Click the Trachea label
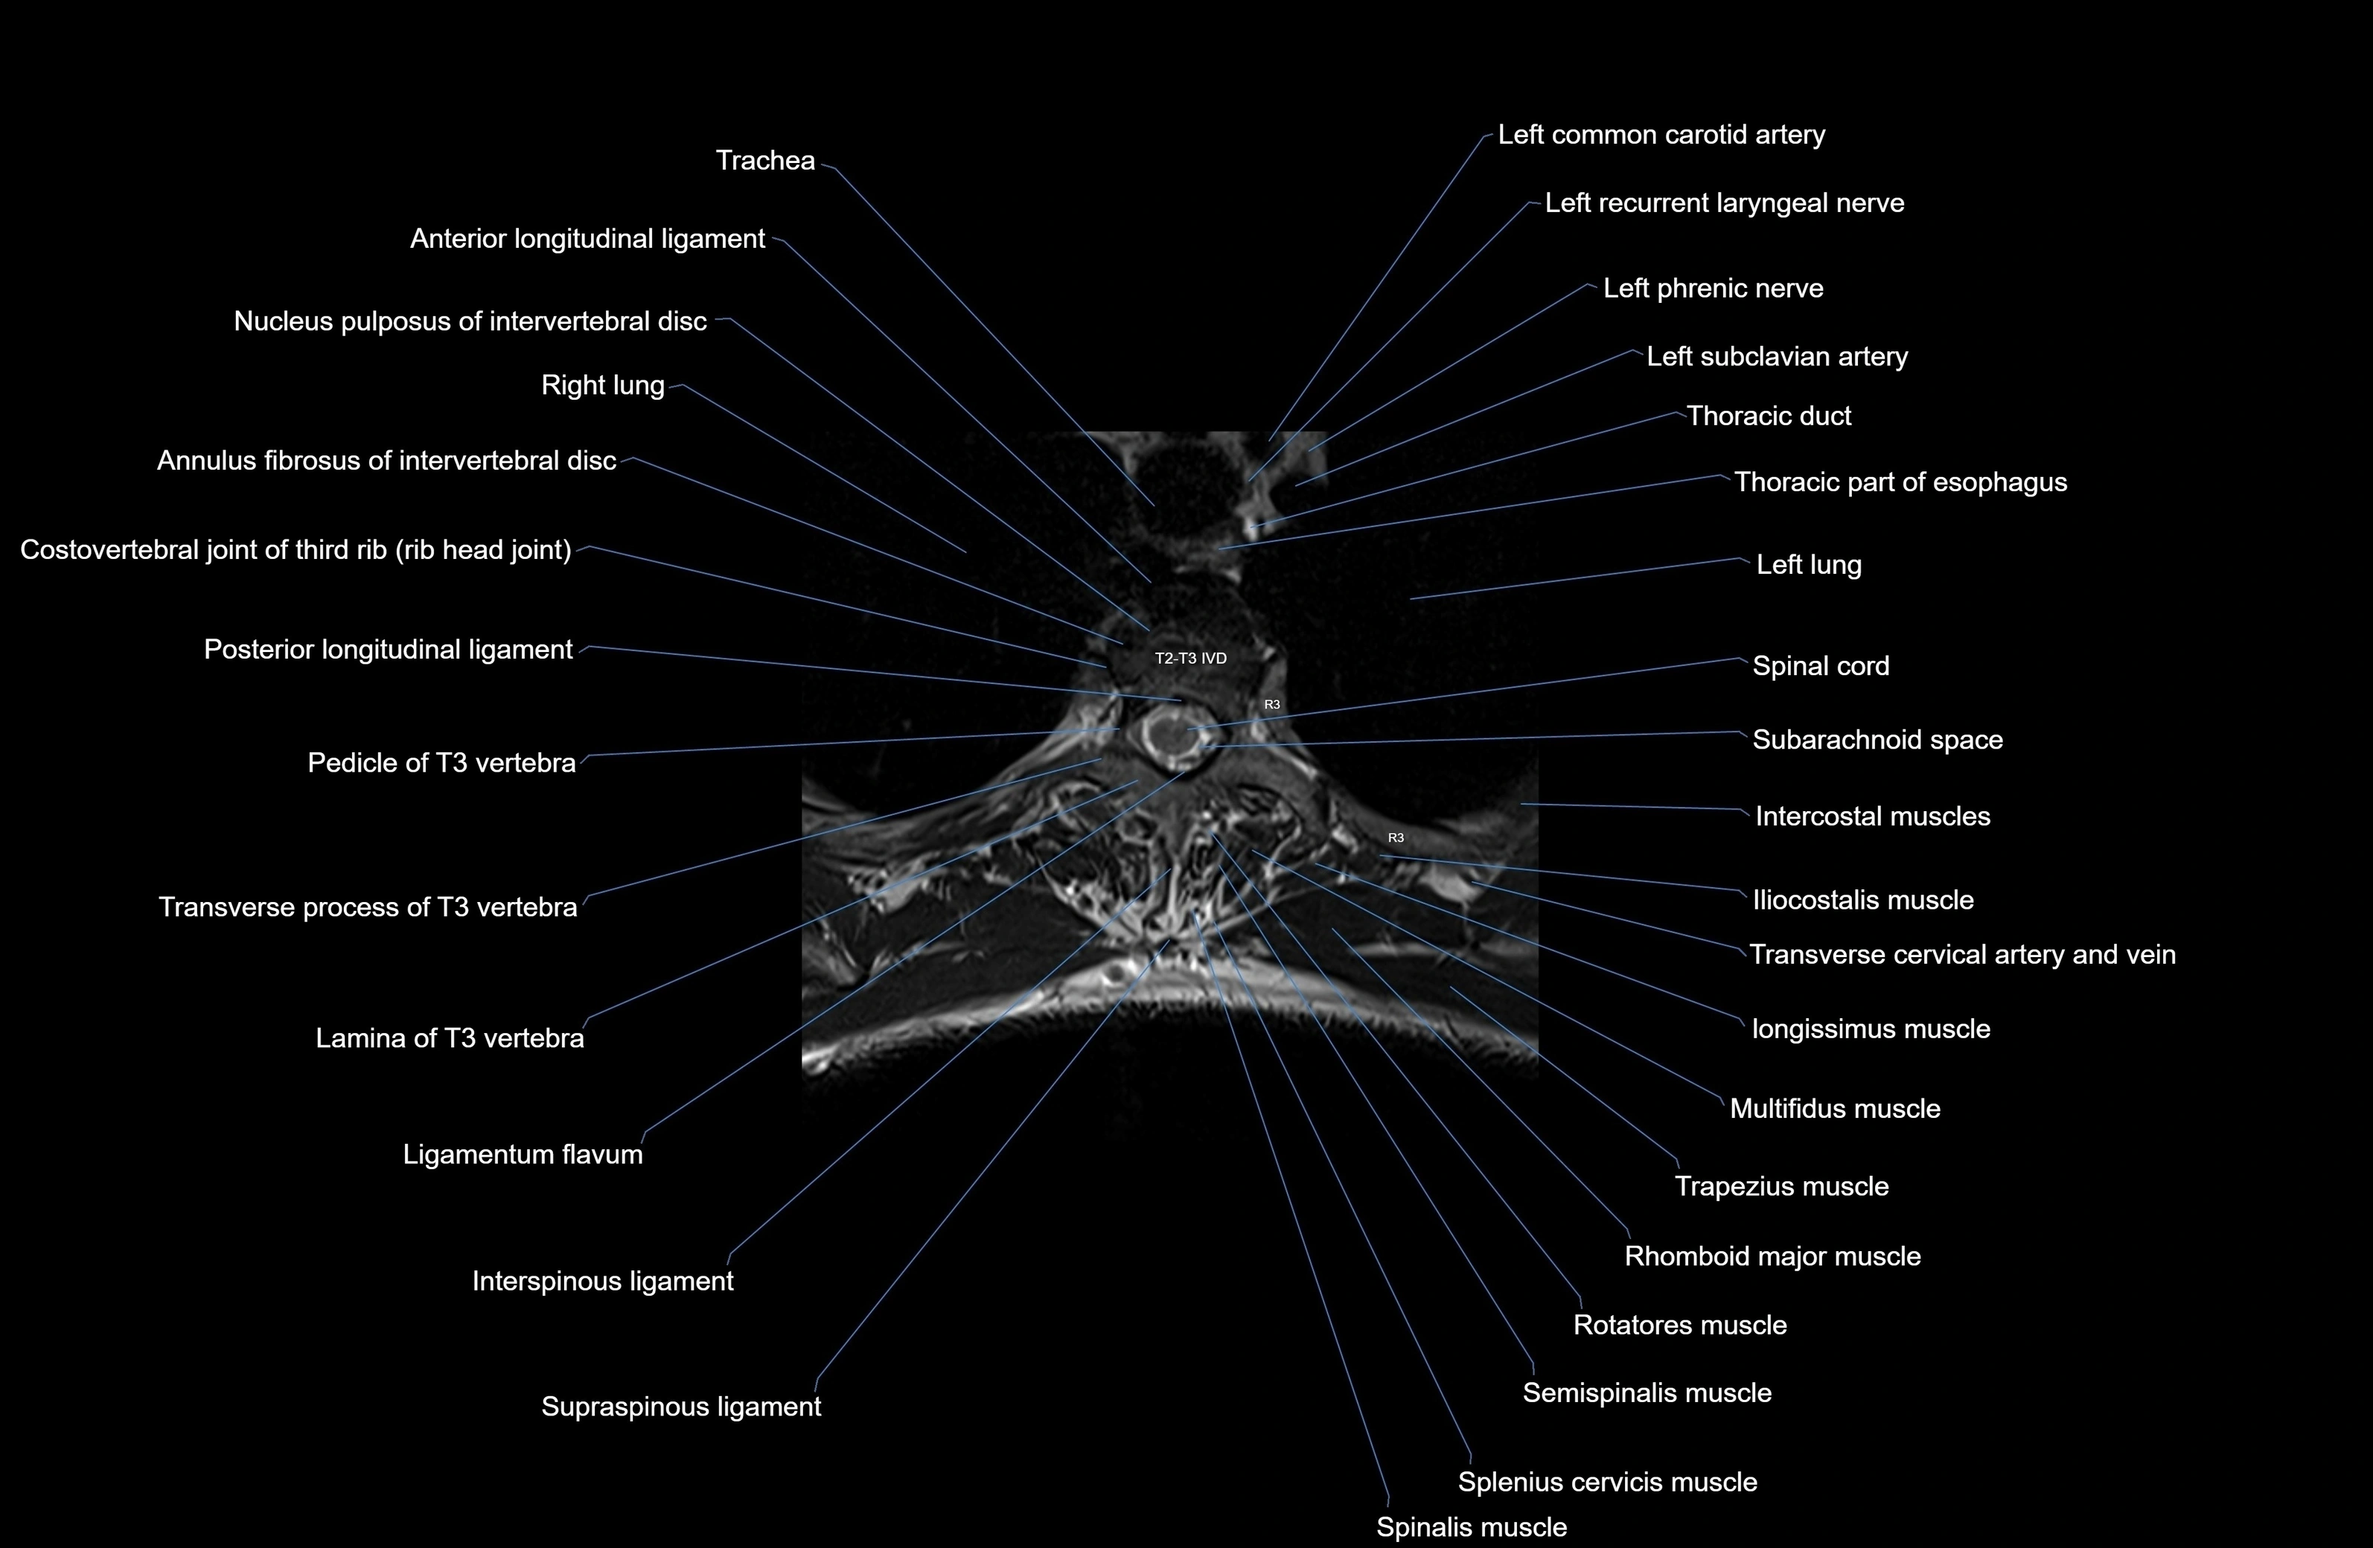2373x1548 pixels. pyautogui.click(x=764, y=161)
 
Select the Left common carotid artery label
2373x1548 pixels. pyautogui.click(x=1661, y=135)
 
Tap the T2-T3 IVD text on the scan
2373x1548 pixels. pyautogui.click(x=1190, y=658)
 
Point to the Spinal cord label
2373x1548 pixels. pyautogui.click(x=1821, y=666)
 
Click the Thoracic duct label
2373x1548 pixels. pyautogui.click(x=1769, y=416)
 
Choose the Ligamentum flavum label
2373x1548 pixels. pyautogui.click(x=523, y=1154)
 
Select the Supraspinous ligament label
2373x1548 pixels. pyautogui.click(x=681, y=1407)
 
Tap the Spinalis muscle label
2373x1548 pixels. pyautogui.click(x=1472, y=1527)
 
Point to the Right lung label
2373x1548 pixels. pyautogui.click(x=602, y=386)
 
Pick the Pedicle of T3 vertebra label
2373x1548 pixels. pyautogui.click(x=441, y=763)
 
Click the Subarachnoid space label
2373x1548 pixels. pyautogui.click(x=1877, y=740)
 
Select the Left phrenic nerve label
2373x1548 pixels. pyautogui.click(x=1713, y=288)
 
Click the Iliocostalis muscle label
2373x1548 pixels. pyautogui.click(x=1862, y=900)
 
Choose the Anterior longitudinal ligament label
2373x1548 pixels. pyautogui.click(x=587, y=239)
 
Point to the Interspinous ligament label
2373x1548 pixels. pyautogui.click(x=602, y=1281)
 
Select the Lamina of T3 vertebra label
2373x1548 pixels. pyautogui.click(x=450, y=1039)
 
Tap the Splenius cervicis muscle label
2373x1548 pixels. pyautogui.click(x=1607, y=1483)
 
